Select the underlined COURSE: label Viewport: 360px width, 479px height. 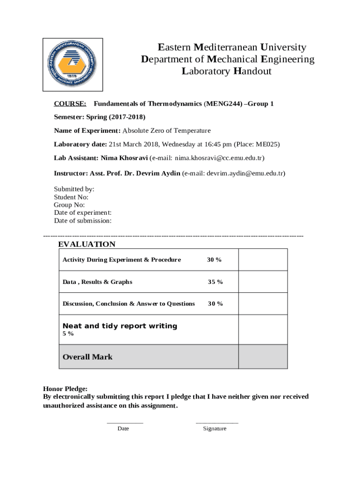click(x=70, y=103)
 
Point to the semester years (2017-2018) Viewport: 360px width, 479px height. click(x=127, y=117)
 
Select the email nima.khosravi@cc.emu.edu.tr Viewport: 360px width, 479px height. click(x=219, y=158)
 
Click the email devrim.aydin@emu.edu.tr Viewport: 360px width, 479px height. click(x=245, y=173)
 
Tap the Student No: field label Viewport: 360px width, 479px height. click(x=71, y=197)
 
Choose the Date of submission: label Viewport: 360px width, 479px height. click(x=83, y=221)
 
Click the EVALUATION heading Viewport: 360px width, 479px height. click(x=86, y=244)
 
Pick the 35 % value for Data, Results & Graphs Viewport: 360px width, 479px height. click(x=215, y=282)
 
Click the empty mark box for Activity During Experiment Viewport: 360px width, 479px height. click(x=263, y=260)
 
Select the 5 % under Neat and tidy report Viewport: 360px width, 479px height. click(x=68, y=334)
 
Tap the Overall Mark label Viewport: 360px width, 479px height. click(x=87, y=357)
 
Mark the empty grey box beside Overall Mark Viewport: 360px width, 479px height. click(x=263, y=357)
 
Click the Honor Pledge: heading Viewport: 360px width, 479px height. click(x=65, y=389)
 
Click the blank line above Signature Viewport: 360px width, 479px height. click(x=216, y=422)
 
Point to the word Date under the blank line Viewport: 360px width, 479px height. click(x=123, y=428)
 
